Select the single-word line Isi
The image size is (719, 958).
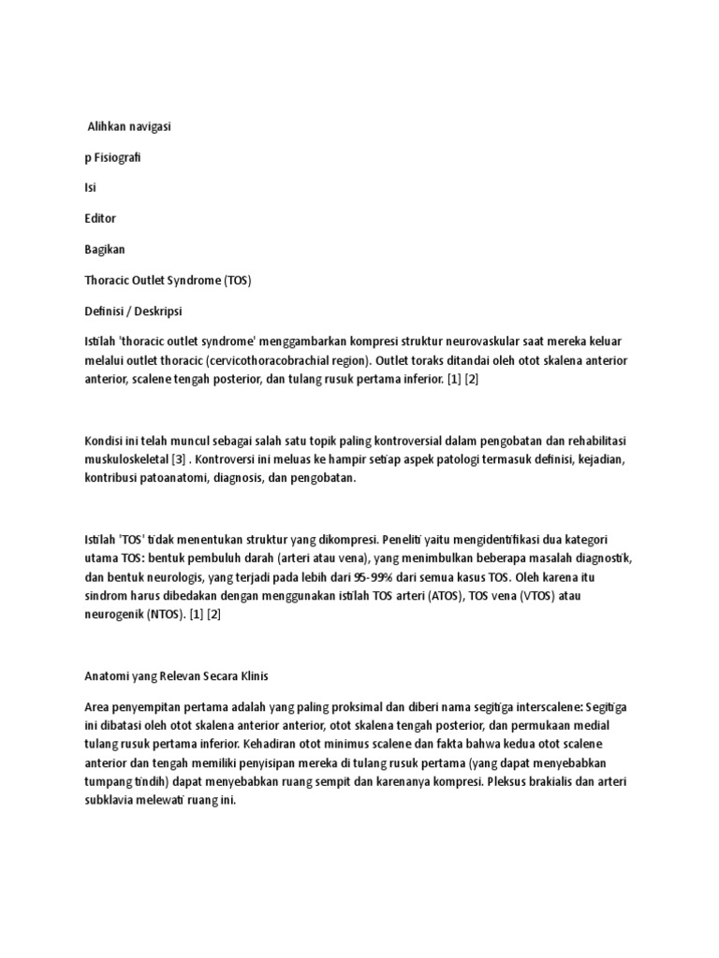tap(90, 186)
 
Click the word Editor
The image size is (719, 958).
tap(100, 218)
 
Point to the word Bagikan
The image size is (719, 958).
tap(104, 249)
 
